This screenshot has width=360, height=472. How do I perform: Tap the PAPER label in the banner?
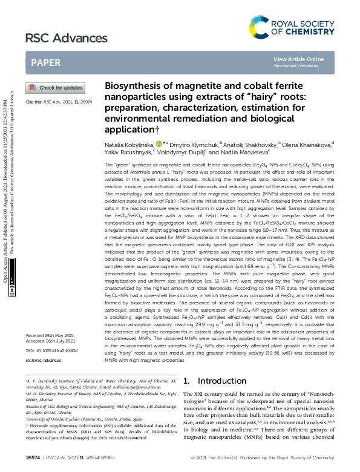tap(45, 62)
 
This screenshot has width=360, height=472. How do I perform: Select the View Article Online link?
tap(298, 59)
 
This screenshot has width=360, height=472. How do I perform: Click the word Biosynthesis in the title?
tap(131, 87)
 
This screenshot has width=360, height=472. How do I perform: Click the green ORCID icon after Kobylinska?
tap(159, 144)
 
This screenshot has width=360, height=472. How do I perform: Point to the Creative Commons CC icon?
tap(13, 290)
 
